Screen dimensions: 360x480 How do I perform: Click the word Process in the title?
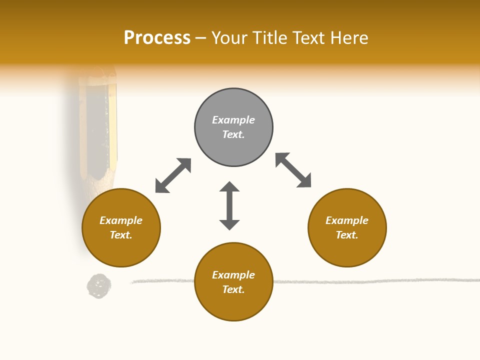click(x=157, y=38)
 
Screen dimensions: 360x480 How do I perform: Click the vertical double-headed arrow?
click(x=229, y=206)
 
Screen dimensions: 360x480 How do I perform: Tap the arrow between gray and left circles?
click(x=173, y=175)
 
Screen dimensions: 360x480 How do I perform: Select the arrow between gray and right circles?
click(x=293, y=170)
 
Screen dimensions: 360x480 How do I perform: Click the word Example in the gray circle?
click(x=233, y=120)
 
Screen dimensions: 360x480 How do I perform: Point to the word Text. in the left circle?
click(x=121, y=235)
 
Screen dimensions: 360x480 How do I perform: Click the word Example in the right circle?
click(x=347, y=220)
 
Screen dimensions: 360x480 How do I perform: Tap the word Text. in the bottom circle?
click(x=233, y=289)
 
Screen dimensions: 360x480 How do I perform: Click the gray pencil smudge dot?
click(x=99, y=286)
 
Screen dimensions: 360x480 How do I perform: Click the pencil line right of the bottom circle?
click(x=375, y=281)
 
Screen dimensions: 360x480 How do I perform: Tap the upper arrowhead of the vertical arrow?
click(x=229, y=188)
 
